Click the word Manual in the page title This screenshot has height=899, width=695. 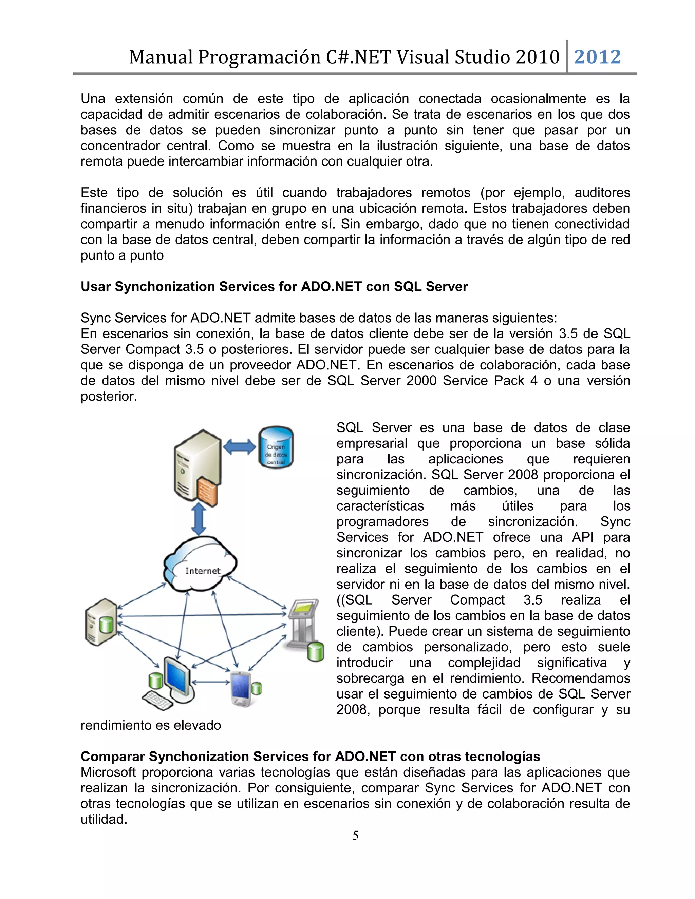coord(161,57)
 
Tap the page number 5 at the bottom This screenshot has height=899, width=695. coord(355,835)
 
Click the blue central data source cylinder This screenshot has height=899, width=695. coord(276,447)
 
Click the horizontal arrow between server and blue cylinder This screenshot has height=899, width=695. coord(239,446)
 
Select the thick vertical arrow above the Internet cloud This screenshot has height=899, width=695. coord(199,519)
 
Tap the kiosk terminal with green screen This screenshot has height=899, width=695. coord(303,623)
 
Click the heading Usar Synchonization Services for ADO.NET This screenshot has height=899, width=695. coord(274,287)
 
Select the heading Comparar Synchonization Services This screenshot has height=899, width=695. coord(310,756)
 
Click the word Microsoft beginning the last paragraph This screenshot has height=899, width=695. coord(108,772)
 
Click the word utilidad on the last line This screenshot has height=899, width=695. coord(104,819)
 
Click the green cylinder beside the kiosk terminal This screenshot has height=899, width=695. coord(315,652)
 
